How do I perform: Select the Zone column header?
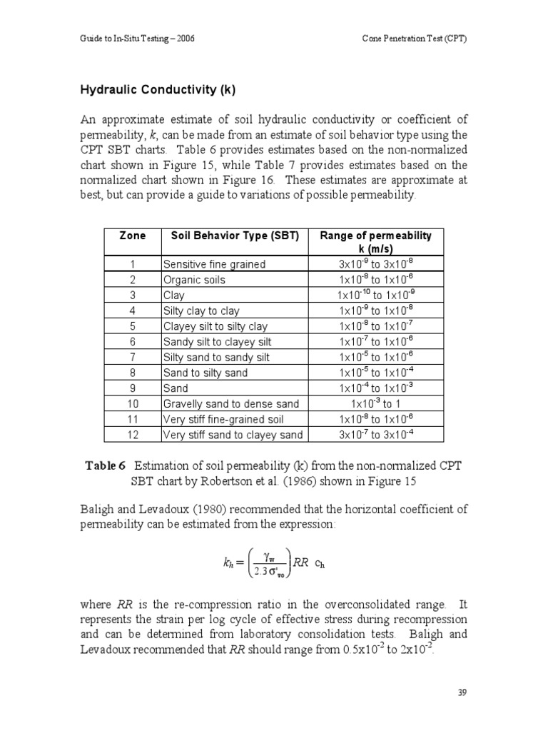click(x=133, y=236)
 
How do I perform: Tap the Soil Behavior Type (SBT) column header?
click(x=235, y=236)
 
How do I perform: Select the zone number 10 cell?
click(x=133, y=404)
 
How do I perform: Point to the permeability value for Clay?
click(x=375, y=296)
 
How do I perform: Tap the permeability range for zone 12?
click(x=375, y=435)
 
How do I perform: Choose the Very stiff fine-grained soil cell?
click(x=223, y=420)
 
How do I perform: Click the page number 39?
click(x=461, y=692)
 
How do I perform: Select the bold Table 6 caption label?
click(x=106, y=465)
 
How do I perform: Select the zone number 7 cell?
click(x=133, y=358)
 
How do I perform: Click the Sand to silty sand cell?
click(x=205, y=373)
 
